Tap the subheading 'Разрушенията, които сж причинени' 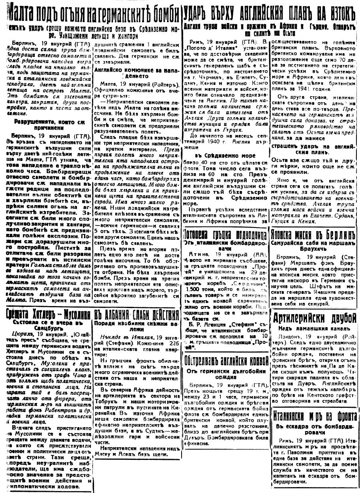click(x=46, y=125)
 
